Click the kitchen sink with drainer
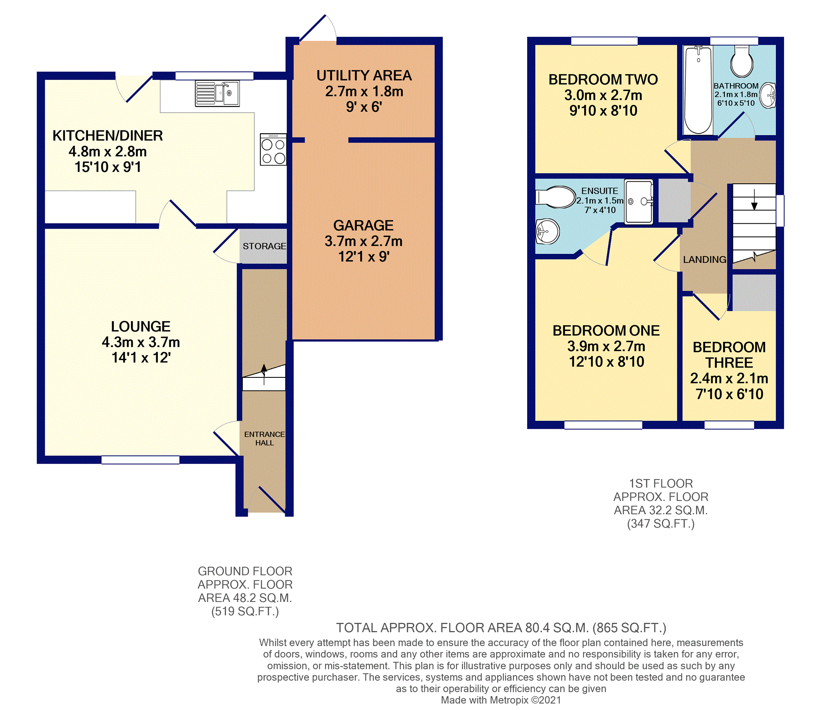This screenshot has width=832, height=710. [x=217, y=93]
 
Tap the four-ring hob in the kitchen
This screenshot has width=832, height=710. [x=273, y=149]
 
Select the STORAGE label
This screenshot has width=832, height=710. [x=264, y=246]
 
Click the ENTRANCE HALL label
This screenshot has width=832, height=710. [x=264, y=438]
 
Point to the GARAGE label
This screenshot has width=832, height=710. [x=363, y=225]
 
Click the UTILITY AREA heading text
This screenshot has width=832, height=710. [x=364, y=75]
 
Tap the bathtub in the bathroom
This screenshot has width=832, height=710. [x=698, y=90]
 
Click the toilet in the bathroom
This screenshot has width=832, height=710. [x=742, y=61]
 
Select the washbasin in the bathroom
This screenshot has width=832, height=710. [x=767, y=95]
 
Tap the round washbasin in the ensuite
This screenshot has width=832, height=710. [x=548, y=231]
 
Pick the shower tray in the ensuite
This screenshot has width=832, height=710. [x=638, y=201]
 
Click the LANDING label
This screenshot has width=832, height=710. [x=705, y=259]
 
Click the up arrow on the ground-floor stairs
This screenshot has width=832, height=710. [x=264, y=374]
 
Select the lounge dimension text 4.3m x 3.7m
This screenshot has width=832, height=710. [x=141, y=342]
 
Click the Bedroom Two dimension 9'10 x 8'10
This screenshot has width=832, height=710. [x=603, y=111]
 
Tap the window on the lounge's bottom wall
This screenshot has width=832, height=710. [x=140, y=460]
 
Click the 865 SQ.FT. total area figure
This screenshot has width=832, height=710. [x=629, y=628]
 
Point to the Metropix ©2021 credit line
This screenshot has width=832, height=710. [x=501, y=700]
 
